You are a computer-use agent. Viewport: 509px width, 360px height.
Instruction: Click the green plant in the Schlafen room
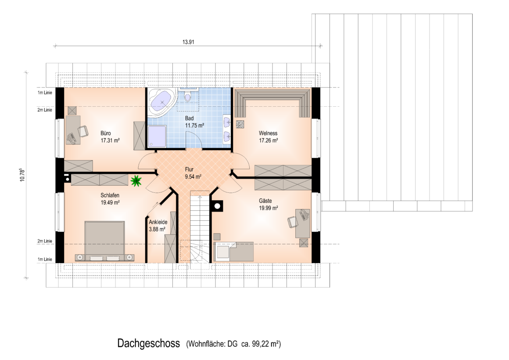136,181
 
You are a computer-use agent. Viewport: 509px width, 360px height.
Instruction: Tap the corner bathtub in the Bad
161,102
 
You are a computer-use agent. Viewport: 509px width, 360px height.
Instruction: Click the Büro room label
105,133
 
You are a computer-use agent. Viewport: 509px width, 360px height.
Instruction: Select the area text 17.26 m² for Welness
268,140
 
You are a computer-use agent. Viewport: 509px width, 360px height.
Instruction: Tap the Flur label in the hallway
189,169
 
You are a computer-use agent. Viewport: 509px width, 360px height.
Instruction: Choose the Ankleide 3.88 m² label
158,226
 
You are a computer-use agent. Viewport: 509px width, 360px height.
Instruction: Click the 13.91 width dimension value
188,42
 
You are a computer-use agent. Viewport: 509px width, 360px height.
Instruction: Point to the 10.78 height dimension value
22,175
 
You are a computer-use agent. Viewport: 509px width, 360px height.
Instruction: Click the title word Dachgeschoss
148,343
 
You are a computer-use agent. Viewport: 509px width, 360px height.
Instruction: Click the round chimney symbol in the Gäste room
217,206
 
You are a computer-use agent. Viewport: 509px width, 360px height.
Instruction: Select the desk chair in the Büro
83,131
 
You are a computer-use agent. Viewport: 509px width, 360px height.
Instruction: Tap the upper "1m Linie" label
45,93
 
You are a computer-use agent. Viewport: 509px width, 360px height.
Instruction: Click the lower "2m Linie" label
45,241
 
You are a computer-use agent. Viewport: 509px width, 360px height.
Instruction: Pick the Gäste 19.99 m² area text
268,205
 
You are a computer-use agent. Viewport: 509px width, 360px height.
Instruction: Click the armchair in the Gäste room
293,222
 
